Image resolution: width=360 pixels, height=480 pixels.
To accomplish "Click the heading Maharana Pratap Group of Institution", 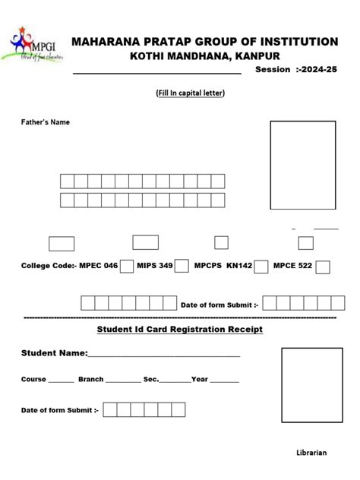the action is point(205,41).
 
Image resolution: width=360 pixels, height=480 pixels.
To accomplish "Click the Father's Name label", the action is point(46,122).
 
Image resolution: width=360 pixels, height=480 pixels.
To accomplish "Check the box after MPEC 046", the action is point(127,266).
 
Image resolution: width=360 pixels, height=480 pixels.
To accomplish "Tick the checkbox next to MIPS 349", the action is point(182,266).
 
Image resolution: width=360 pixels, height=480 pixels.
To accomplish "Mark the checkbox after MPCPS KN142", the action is point(261,267).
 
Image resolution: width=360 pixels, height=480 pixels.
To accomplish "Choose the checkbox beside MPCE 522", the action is point(323,267).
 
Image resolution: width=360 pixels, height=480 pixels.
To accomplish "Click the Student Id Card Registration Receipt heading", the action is point(180,330).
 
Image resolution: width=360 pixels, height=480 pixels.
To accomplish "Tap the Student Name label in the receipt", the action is point(54,354).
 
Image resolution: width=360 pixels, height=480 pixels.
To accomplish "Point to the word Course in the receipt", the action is point(33,379).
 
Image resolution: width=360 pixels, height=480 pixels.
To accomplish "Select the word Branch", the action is point(90,379).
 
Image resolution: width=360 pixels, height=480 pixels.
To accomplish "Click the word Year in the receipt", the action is point(200,379).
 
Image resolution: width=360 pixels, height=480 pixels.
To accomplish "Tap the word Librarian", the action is point(311,453).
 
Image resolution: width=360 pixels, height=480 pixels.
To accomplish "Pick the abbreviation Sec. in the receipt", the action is point(151,379).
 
